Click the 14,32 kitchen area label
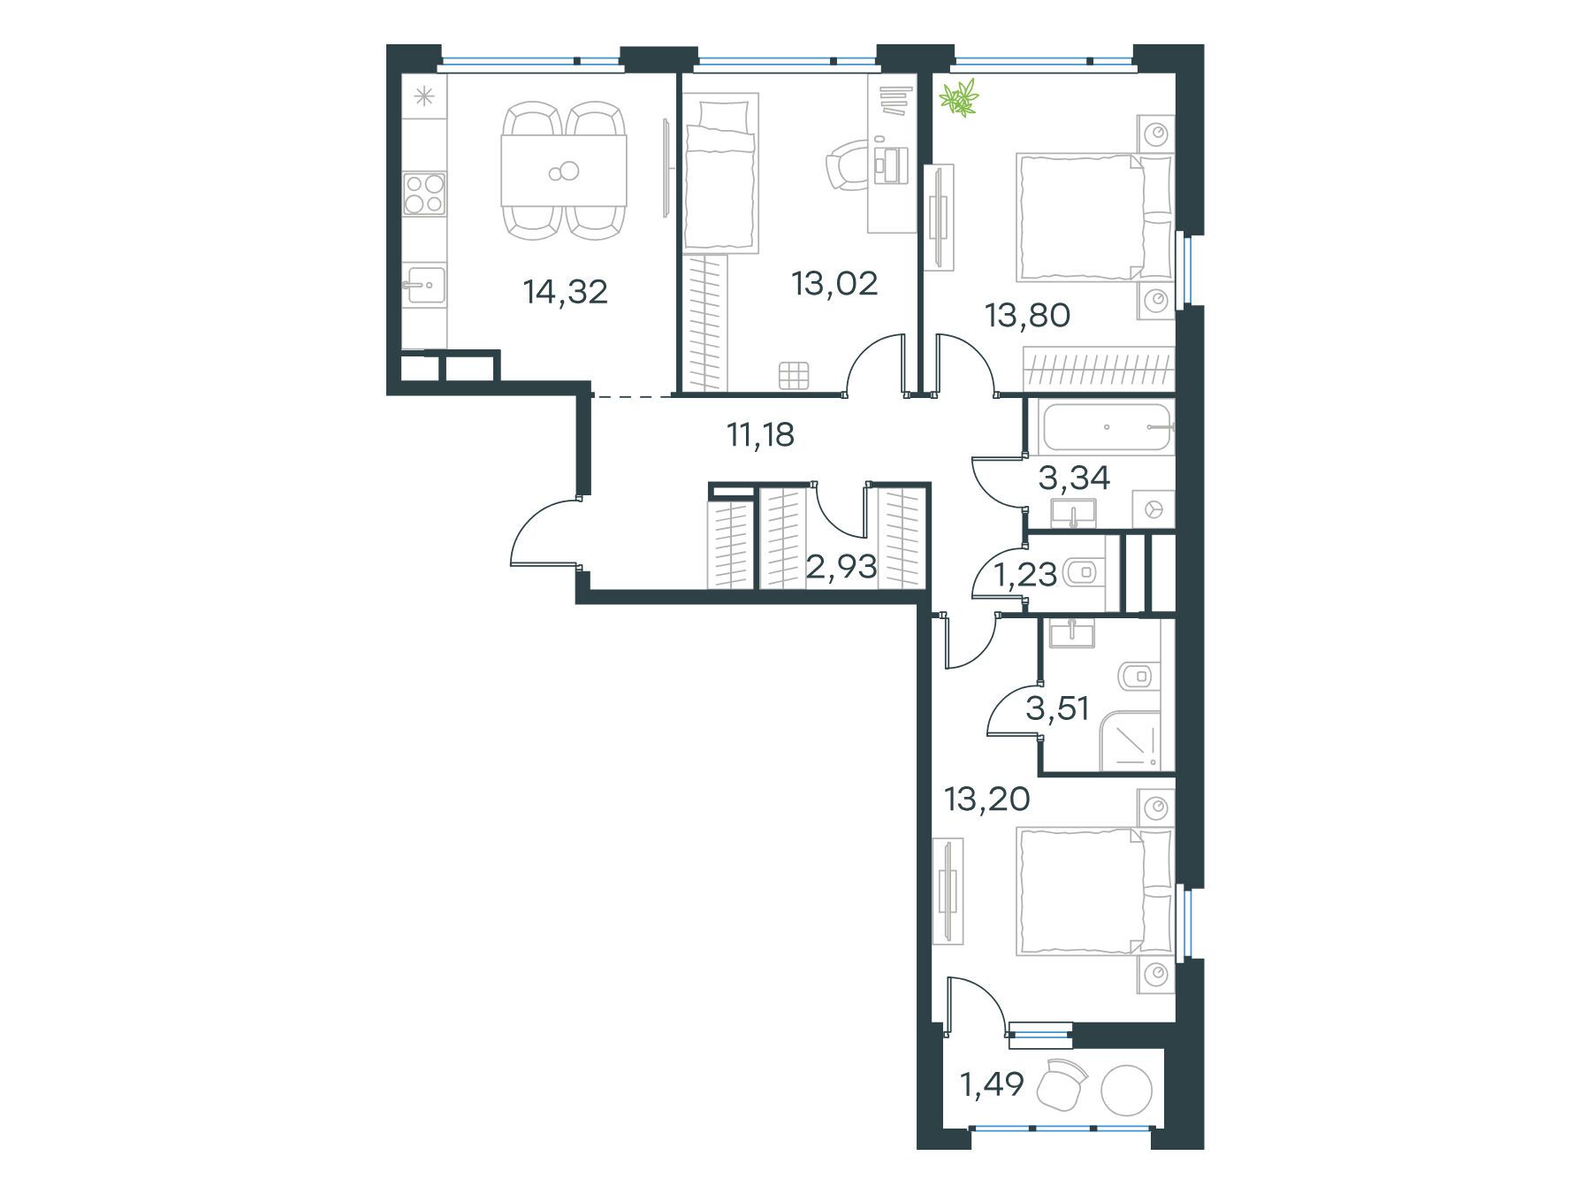[566, 291]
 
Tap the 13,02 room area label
[835, 283]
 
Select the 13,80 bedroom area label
[1029, 315]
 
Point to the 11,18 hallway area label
[760, 435]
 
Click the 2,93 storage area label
[841, 567]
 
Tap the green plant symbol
[959, 97]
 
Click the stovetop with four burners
[424, 194]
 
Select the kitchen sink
[424, 285]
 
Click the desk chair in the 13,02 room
[847, 167]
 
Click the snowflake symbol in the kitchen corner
[424, 96]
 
